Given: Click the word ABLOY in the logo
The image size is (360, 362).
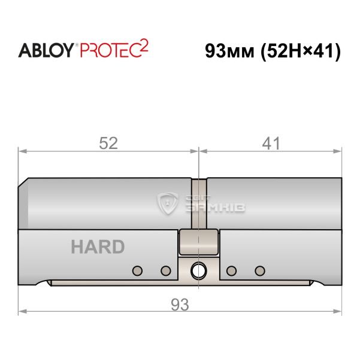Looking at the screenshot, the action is (x=46, y=50).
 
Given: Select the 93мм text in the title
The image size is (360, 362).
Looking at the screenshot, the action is (x=229, y=51).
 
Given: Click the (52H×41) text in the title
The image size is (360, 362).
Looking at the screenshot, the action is (x=300, y=51).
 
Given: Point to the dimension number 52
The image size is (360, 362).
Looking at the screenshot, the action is (x=108, y=143).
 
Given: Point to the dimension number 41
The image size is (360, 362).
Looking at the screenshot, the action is (x=271, y=143).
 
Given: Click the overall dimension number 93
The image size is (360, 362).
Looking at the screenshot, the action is (x=180, y=305).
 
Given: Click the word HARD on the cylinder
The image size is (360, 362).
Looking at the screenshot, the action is (x=98, y=247).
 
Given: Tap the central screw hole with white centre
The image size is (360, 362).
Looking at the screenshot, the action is (x=198, y=270).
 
